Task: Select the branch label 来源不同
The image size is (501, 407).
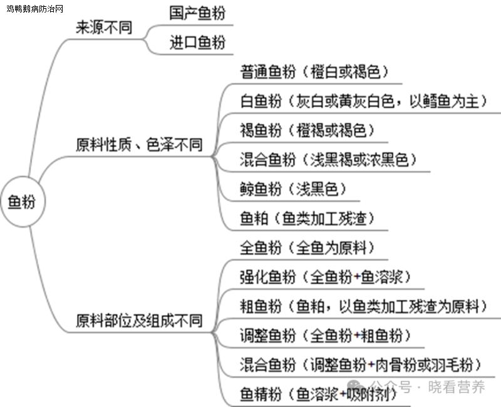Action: pos(104,28)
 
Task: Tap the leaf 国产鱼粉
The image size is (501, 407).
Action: pos(197,13)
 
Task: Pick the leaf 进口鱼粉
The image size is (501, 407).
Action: pos(197,43)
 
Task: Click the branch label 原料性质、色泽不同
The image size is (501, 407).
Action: pos(139,145)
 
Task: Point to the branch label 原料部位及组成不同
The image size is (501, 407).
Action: pos(139,321)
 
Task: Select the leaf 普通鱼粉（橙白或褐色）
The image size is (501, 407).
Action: pos(314,71)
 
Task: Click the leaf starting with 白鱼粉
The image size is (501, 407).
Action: pos(363,101)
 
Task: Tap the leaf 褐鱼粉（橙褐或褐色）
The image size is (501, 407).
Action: pos(307,130)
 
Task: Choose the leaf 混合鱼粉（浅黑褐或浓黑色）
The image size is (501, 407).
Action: pos(328,160)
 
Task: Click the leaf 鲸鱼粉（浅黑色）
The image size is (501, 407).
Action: pos(293,189)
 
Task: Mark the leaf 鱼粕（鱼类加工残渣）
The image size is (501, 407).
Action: pos(307,219)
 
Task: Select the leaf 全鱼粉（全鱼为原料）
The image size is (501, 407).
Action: pos(307,247)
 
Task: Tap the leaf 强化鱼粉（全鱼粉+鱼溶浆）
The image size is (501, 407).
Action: pos(325,277)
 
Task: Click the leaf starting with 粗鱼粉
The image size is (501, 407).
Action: pos(363,306)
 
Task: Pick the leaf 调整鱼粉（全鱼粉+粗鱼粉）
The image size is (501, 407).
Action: pos(325,336)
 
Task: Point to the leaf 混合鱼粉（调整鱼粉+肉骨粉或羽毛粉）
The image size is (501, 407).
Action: pos(361,365)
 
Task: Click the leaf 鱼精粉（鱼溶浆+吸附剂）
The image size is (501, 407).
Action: pos(318,394)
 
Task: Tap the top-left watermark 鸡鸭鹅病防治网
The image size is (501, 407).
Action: pos(35,9)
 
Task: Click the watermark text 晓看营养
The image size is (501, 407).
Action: pos(457,387)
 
